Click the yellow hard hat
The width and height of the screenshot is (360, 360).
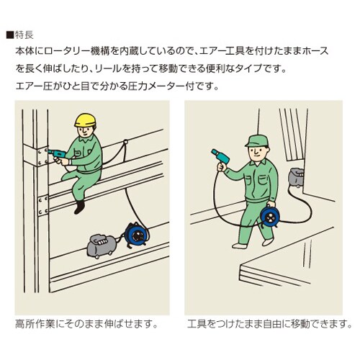click(85, 120)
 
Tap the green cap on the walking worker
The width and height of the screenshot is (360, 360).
click(256, 141)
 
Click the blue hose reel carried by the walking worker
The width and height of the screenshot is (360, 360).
click(270, 216)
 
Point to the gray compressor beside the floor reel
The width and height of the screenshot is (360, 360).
click(102, 246)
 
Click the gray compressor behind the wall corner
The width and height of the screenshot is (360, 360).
click(296, 177)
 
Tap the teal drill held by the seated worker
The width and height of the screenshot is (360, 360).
click(57, 153)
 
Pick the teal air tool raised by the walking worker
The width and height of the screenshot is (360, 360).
click(220, 156)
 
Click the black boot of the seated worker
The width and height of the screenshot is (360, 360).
click(79, 207)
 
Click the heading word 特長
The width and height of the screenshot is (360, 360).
click(24, 35)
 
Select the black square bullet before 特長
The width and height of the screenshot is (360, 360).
click(10, 35)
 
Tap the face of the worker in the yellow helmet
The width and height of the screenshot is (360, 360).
click(86, 132)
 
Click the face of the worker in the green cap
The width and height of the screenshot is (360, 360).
click(257, 152)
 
